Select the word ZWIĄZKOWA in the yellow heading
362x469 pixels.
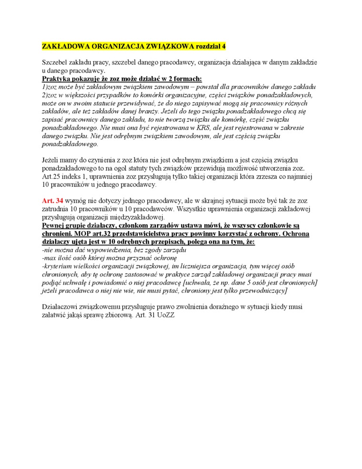[168, 46]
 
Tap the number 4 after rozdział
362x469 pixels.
[224, 46]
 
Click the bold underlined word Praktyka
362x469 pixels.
[58, 79]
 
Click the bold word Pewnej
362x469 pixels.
[54, 225]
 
